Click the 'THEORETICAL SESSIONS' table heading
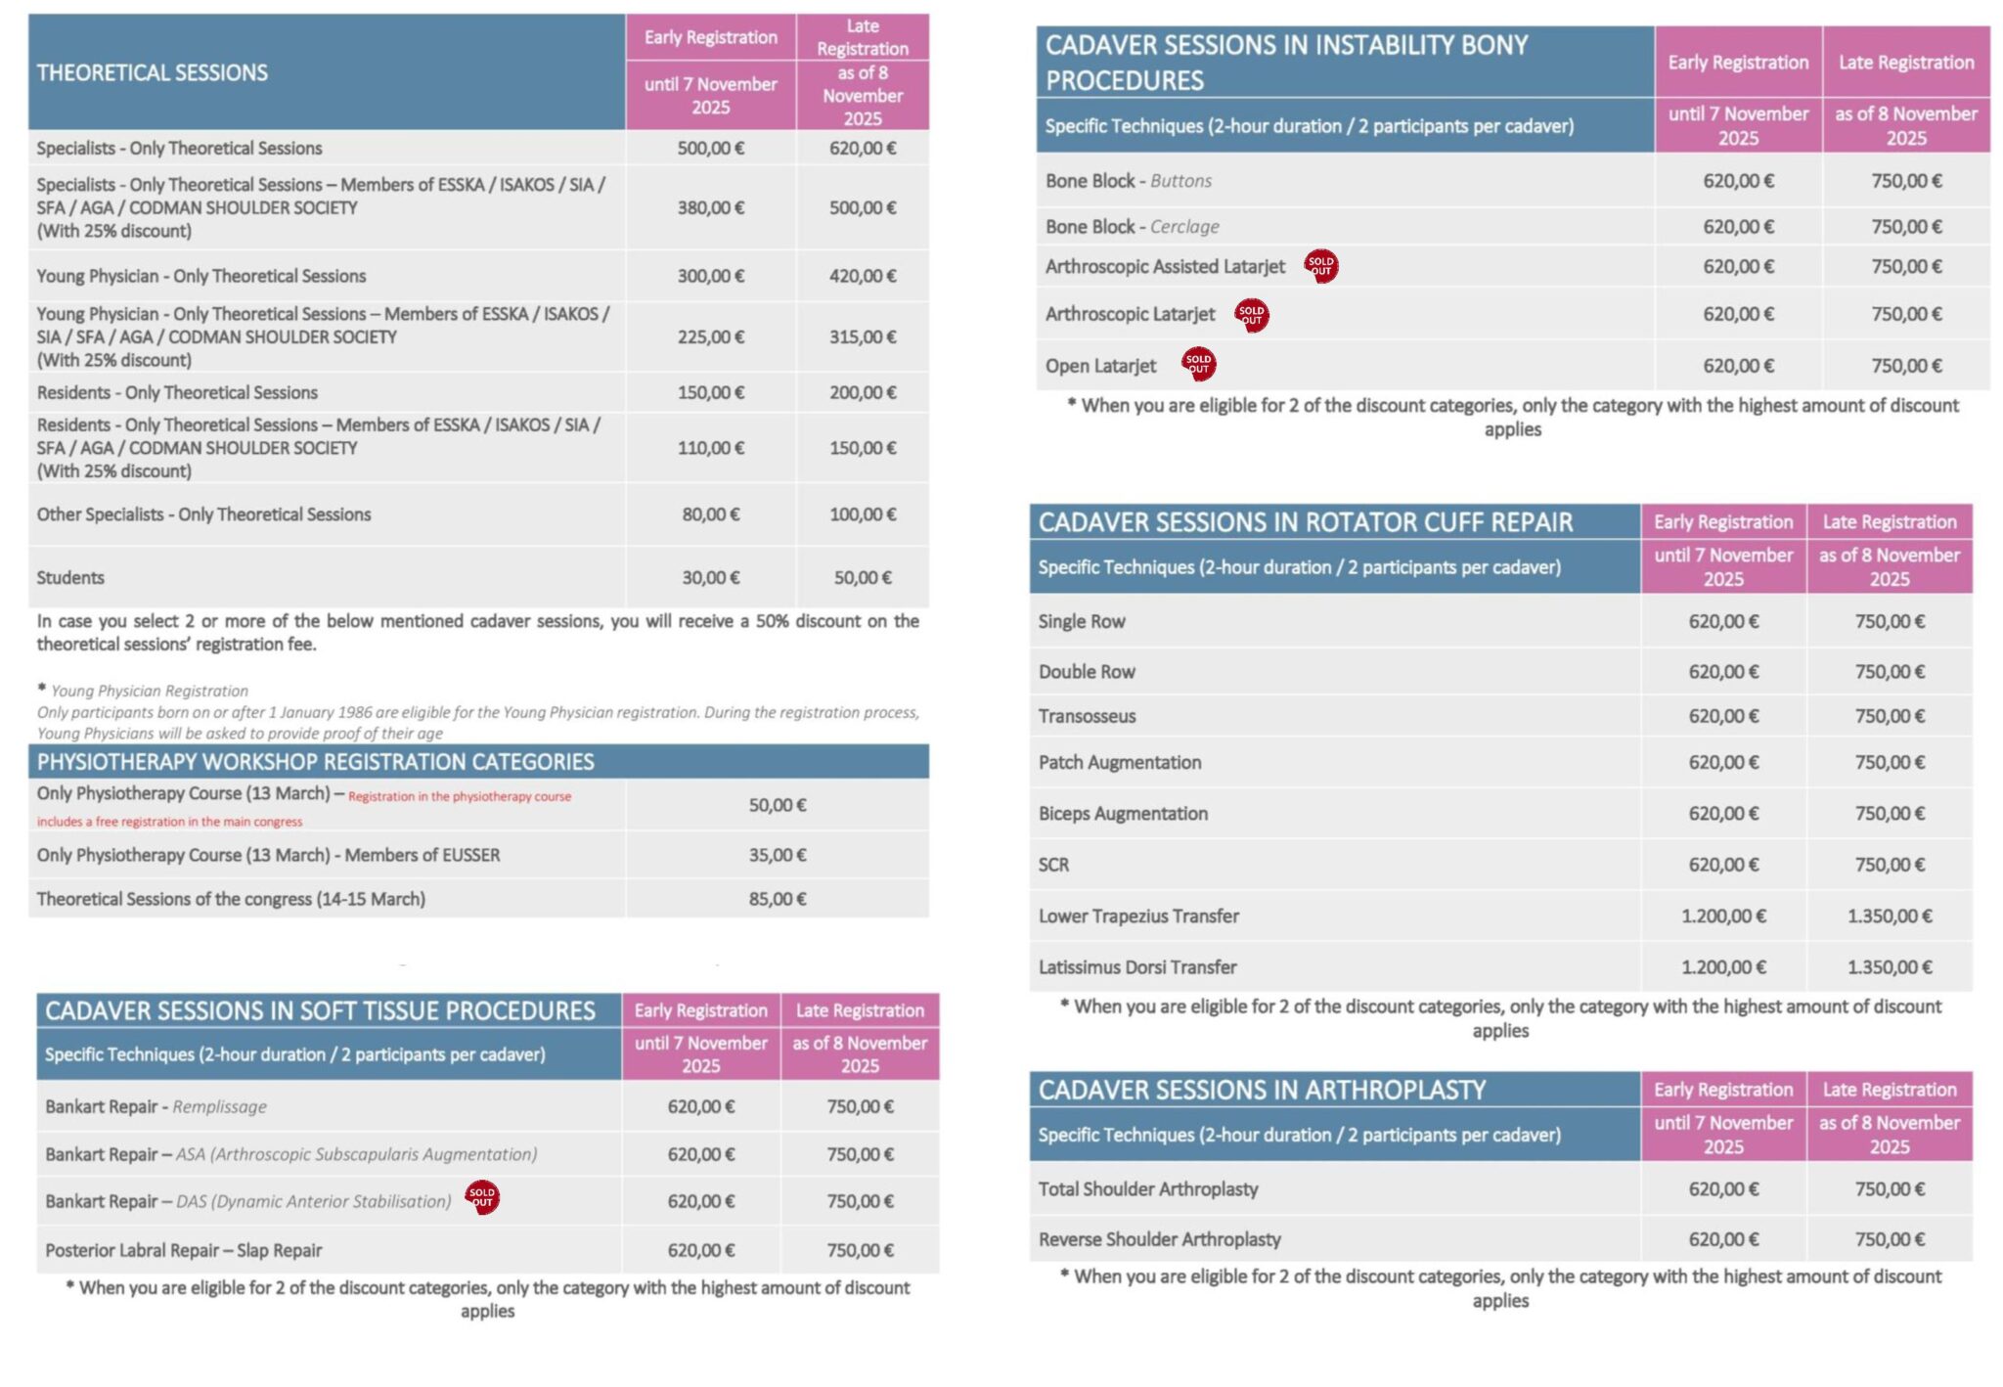[152, 72]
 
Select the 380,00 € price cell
[710, 207]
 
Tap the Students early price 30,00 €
[710, 577]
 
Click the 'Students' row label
[70, 577]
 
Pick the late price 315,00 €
[862, 336]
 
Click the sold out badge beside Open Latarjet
[1198, 364]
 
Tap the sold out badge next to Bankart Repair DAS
[481, 1197]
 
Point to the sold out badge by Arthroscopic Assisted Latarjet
[1320, 265]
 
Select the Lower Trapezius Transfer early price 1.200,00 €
[1722, 916]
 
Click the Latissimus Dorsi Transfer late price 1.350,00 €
[1889, 966]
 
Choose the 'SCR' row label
[1053, 865]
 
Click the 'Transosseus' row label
[1087, 716]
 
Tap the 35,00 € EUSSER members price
[777, 855]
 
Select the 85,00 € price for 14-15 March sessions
[777, 898]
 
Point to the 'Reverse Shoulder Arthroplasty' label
[1159, 1238]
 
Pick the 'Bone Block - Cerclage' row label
[1132, 226]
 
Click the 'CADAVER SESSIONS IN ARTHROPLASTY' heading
[1261, 1090]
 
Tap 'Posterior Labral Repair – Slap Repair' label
[183, 1250]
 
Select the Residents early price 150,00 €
[710, 392]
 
